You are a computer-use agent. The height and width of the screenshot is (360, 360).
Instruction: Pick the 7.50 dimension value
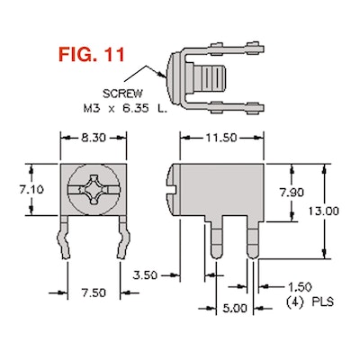tap(94, 292)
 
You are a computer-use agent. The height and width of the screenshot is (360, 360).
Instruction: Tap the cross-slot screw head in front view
tap(94, 190)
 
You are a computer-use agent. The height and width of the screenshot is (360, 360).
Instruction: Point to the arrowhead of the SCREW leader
tap(165, 62)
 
